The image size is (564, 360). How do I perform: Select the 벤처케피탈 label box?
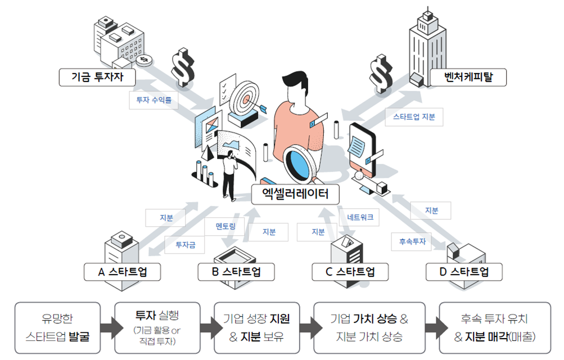468,77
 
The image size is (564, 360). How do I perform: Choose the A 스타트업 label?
122,272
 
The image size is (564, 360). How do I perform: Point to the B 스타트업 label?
236,272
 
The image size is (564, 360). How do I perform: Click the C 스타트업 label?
350,272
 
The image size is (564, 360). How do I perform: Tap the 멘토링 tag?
225,227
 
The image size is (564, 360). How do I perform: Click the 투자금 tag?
184,245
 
